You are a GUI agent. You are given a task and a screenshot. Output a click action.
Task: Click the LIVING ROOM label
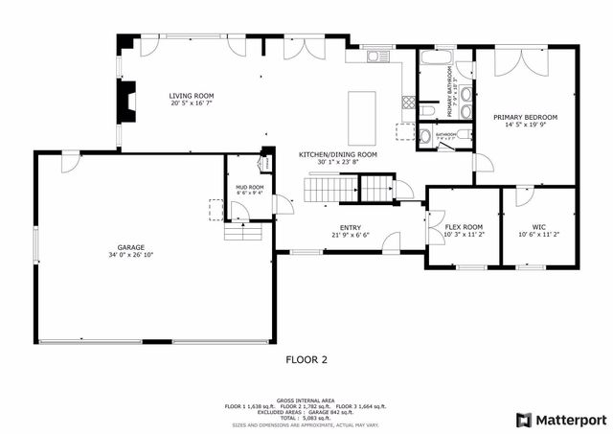tap(191, 96)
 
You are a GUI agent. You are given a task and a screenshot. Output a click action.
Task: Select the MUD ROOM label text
tap(249, 187)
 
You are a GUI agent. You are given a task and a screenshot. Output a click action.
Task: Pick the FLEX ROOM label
tap(464, 227)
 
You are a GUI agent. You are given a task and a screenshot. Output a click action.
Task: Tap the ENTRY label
tap(350, 227)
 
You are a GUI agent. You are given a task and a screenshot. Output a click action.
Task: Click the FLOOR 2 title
tap(306, 360)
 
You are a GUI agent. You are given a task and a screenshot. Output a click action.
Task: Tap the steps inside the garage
tap(238, 233)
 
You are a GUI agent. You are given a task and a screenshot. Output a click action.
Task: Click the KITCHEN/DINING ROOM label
tap(338, 154)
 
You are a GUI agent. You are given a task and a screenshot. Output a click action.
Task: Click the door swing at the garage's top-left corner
tap(68, 163)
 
